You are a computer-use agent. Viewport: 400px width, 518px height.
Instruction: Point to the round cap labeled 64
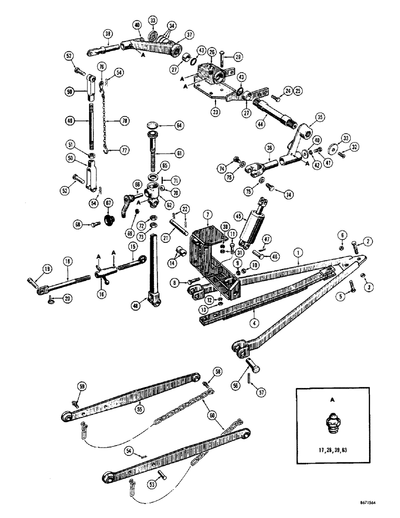coord(152,125)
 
